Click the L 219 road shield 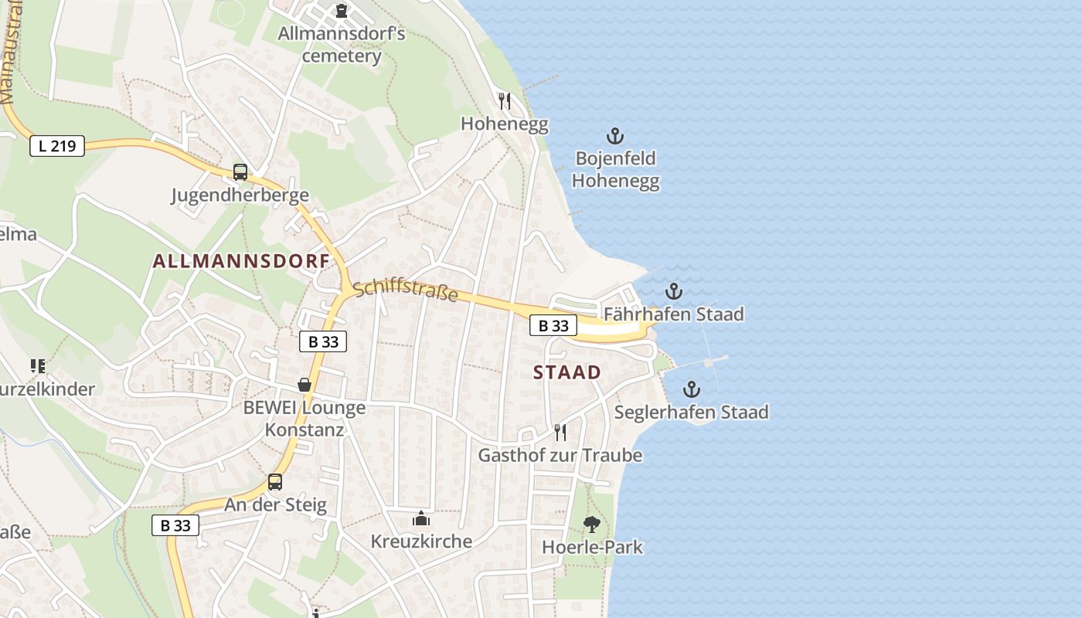[x=57, y=145]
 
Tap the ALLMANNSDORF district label [x=241, y=261]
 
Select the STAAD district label [x=567, y=372]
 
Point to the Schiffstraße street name [x=406, y=292]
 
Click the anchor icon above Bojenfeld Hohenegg [x=614, y=137]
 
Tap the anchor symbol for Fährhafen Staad [x=674, y=291]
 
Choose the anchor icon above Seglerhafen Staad [x=691, y=389]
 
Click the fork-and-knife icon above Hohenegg [x=505, y=101]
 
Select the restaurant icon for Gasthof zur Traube [x=560, y=432]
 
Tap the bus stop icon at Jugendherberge [x=240, y=172]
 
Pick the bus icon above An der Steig [x=275, y=482]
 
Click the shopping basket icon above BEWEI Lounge [x=305, y=385]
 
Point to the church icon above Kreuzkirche [x=421, y=518]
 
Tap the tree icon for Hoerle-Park [x=592, y=525]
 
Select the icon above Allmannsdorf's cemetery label [x=341, y=11]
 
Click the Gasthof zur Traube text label [x=560, y=456]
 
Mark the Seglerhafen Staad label [x=691, y=413]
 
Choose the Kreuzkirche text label [x=421, y=542]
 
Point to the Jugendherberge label [x=240, y=195]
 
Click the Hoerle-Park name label [x=592, y=548]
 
